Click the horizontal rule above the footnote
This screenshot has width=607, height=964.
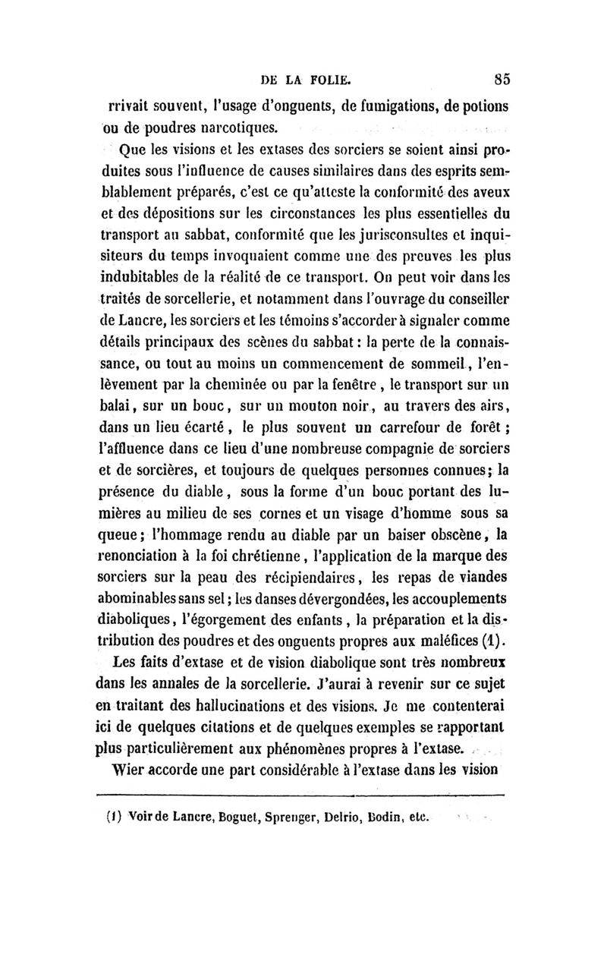pyautogui.click(x=303, y=795)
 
